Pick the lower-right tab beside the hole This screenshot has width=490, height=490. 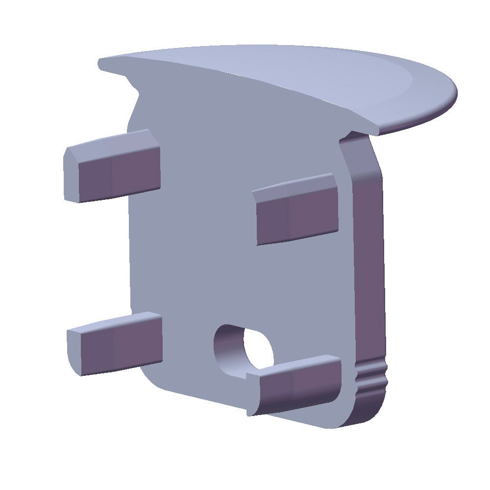tap(299, 387)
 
